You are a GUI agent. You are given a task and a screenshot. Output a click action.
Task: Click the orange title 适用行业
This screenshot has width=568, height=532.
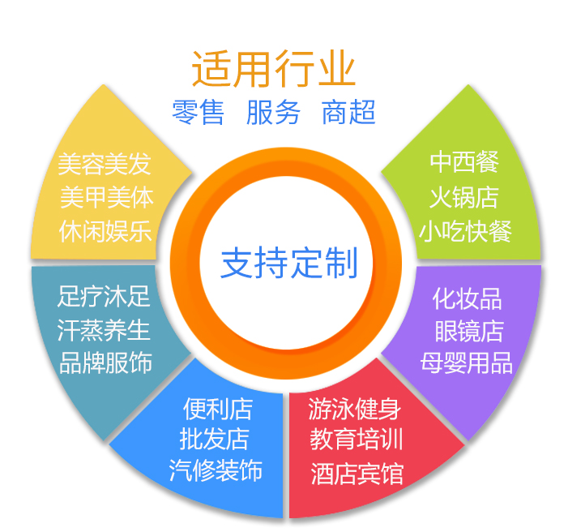point(273,69)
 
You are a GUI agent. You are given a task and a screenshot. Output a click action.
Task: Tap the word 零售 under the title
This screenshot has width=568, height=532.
point(198,112)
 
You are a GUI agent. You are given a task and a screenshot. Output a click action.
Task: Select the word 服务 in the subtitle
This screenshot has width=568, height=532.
point(273,112)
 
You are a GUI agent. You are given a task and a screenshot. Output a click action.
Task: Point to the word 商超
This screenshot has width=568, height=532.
point(348,112)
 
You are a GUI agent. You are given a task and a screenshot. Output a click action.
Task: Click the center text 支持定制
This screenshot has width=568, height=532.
point(289,264)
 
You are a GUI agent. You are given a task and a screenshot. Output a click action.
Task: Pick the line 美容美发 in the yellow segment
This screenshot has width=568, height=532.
point(105,165)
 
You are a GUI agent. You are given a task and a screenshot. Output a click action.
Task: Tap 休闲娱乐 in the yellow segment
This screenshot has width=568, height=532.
point(105,230)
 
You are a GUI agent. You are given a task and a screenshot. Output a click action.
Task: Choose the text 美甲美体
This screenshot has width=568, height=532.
point(105,197)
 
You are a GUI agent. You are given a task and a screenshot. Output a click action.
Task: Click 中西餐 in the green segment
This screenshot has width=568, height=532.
point(464,161)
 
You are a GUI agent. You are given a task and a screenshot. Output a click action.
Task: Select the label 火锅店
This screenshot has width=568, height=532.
point(464,196)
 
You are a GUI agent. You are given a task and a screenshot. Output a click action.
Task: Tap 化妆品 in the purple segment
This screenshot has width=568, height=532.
point(467,298)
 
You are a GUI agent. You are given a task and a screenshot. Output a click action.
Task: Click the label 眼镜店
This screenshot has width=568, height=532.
point(468,331)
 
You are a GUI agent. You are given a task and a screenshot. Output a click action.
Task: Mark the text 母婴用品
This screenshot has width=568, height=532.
point(467,363)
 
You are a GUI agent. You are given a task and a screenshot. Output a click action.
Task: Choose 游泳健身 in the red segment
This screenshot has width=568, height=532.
point(356,409)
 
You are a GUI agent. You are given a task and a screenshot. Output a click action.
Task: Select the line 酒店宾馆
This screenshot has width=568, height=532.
point(356,473)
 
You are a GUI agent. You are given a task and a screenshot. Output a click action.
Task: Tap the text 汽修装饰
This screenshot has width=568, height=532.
point(216,470)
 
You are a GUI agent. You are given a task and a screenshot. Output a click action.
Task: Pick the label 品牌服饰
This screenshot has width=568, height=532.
point(105,362)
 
